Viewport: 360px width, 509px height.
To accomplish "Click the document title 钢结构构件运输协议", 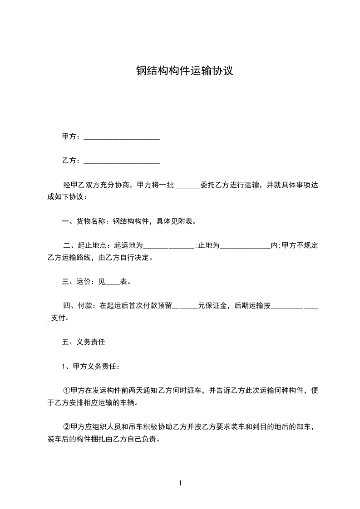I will [185, 71].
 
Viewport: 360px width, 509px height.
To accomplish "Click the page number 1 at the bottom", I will [180, 483].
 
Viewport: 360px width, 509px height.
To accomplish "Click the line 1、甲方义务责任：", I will [91, 367].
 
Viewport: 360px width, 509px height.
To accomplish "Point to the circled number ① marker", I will [66, 391].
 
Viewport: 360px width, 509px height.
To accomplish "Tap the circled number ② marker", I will [66, 427].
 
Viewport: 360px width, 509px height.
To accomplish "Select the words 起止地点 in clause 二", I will [92, 246].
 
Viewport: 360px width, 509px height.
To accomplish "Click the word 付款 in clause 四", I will [85, 306].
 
